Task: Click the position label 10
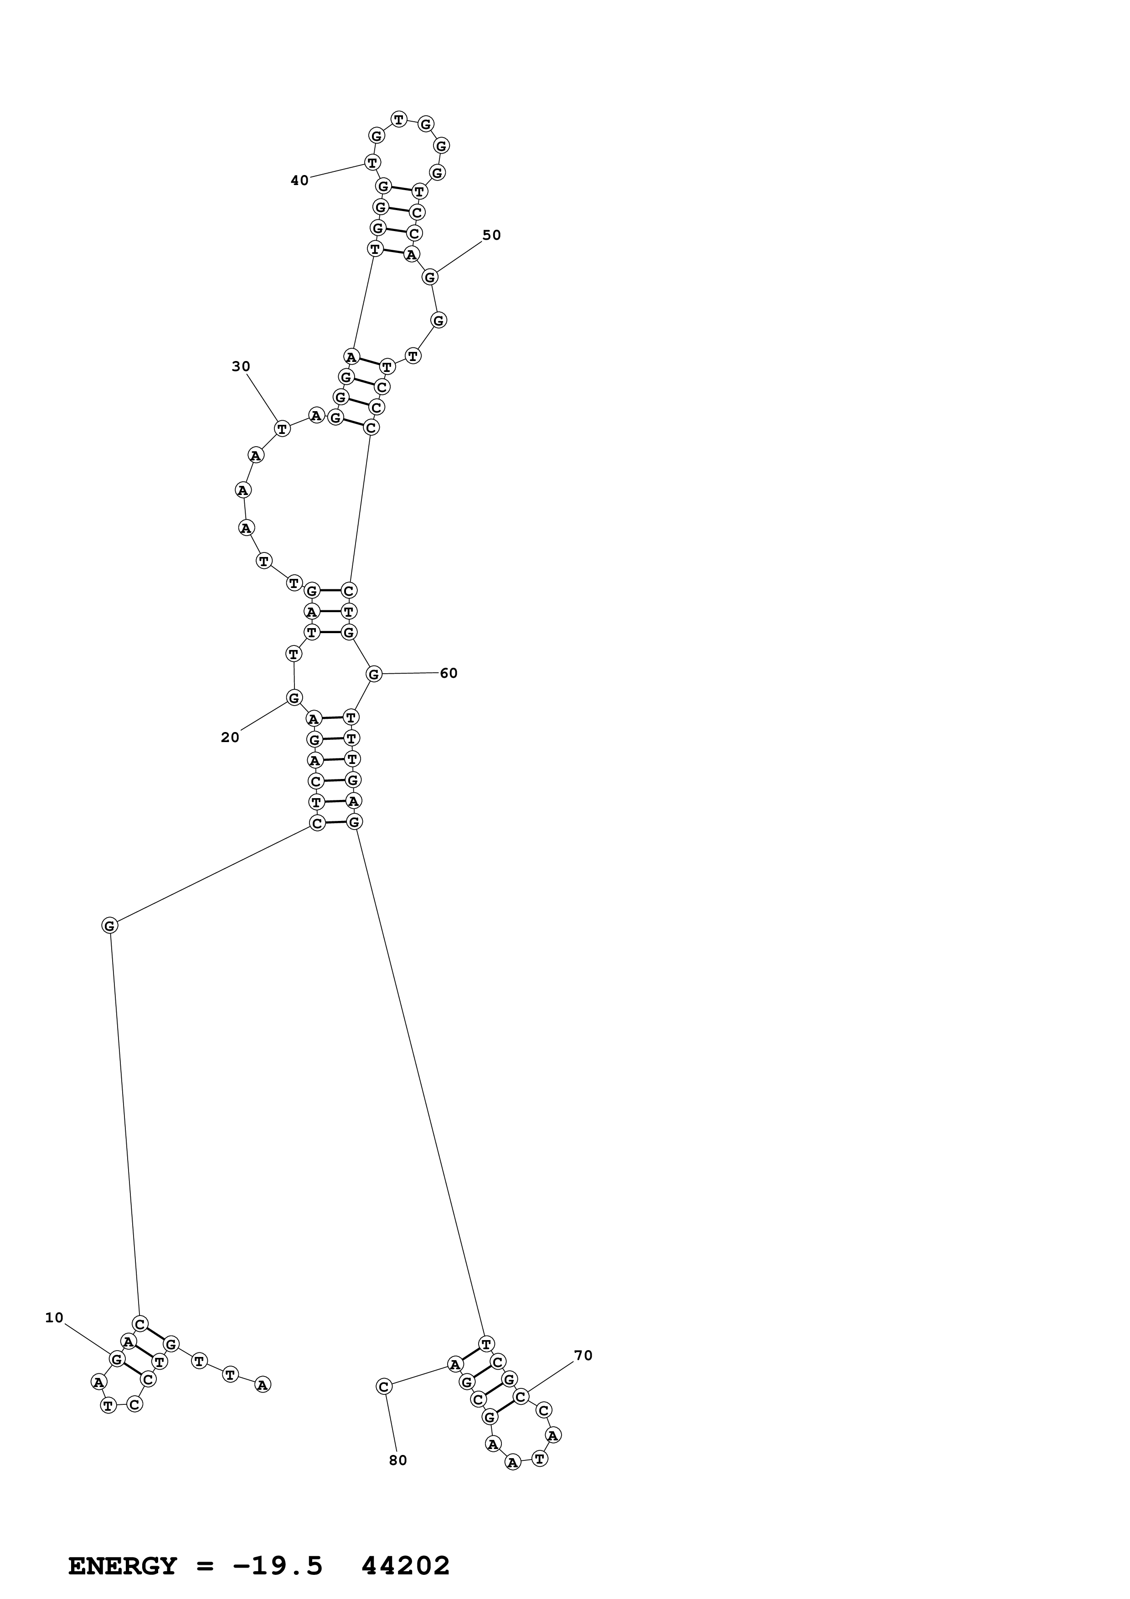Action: point(54,1318)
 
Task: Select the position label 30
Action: point(241,366)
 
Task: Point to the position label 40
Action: point(299,181)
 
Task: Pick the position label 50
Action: point(491,235)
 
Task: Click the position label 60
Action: point(449,673)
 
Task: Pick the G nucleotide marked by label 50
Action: point(430,277)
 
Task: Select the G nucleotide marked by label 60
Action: point(374,673)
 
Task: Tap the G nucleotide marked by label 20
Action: point(294,697)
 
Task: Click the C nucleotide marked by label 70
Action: point(521,1396)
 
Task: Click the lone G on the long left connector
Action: point(109,926)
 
